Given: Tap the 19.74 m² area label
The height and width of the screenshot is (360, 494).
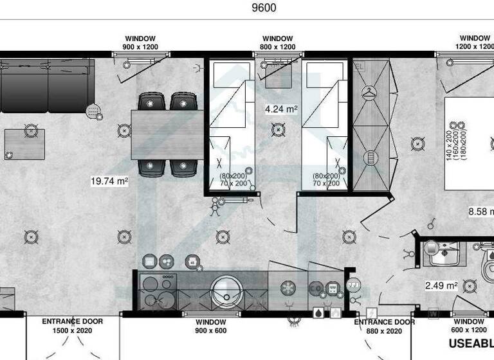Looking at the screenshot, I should [109, 181].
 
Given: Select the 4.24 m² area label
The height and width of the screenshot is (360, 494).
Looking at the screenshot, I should [281, 109].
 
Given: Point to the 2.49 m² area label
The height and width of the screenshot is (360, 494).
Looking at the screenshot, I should [441, 285].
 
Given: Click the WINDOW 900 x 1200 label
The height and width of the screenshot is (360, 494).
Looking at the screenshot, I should [140, 43].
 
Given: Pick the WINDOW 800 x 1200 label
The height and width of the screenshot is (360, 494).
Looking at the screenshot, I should [278, 43].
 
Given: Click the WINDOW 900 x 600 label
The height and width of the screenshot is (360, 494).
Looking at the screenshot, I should [211, 326].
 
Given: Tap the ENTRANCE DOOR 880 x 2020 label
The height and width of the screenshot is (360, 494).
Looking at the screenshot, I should [385, 326].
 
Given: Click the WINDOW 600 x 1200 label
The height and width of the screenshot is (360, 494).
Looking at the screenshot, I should [469, 326].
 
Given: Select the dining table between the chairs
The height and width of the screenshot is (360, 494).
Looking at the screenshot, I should [167, 134].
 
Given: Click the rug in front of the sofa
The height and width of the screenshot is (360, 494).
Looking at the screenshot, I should [24, 144].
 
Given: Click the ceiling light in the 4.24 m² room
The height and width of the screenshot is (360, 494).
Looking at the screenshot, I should [278, 130].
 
